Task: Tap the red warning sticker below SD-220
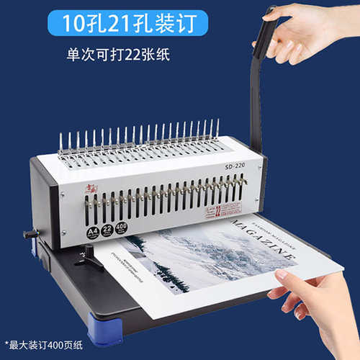click(213, 210)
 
